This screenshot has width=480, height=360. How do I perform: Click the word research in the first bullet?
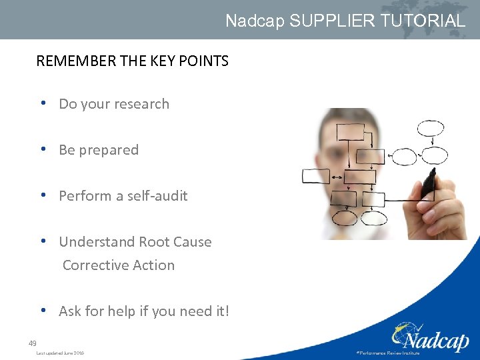tap(140, 104)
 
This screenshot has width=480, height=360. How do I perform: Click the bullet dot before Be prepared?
tap(43, 150)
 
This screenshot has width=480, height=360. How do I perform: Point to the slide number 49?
tap(32, 343)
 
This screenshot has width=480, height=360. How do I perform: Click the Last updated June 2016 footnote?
tap(60, 353)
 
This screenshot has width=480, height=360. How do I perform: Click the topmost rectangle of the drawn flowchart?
tap(350, 132)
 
